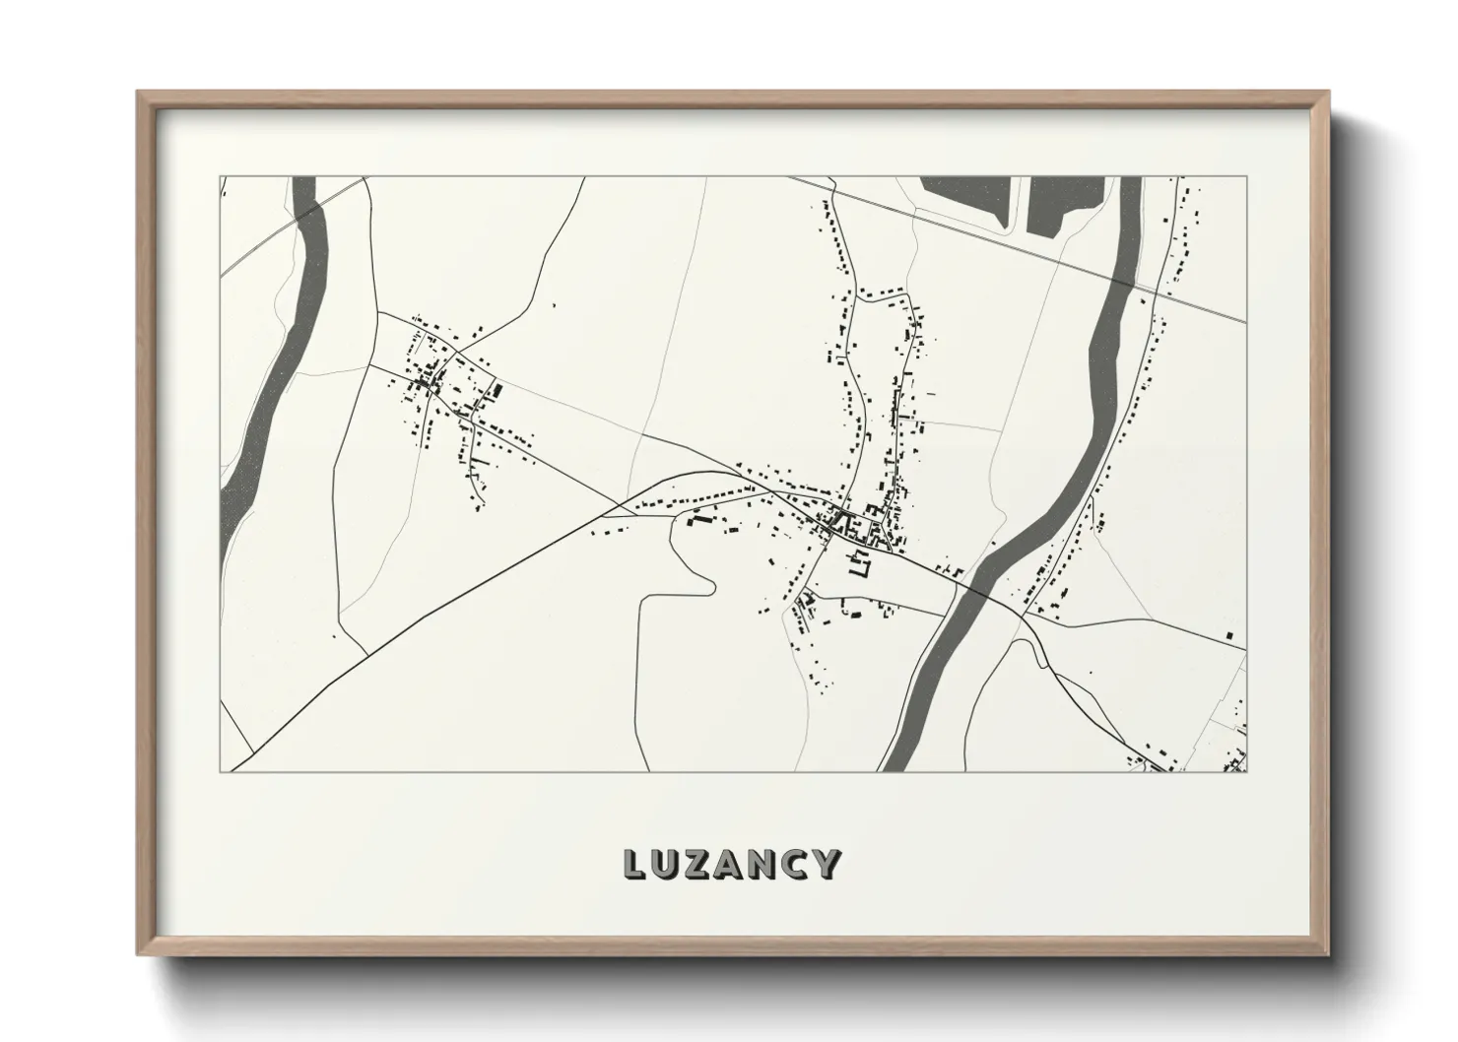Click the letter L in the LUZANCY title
point(635,864)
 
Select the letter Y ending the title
point(826,864)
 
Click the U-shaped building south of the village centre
point(860,564)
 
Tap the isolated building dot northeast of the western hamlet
point(554,305)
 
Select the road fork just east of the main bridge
point(1024,617)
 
